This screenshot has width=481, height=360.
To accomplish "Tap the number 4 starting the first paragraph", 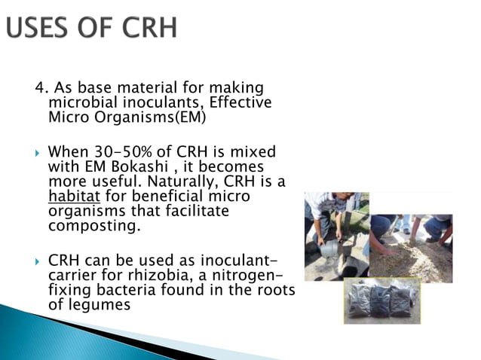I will [x=38, y=90].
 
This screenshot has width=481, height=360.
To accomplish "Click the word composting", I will [x=84, y=224].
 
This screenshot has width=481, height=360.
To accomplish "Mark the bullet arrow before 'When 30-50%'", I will [x=38, y=152].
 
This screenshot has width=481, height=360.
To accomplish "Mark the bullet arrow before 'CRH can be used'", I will [x=38, y=260].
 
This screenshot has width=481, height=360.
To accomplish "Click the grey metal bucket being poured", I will [x=329, y=248].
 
